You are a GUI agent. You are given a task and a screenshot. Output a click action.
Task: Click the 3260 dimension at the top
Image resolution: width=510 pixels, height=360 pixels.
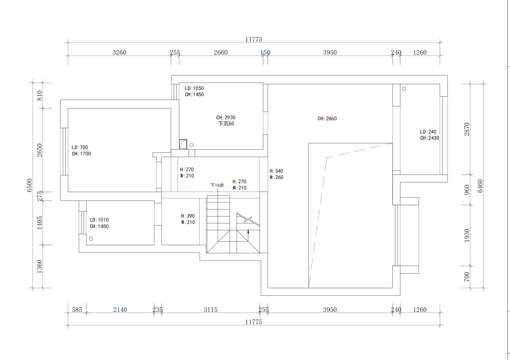119,52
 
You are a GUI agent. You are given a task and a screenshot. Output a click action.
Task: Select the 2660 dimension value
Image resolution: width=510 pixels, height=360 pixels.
221,52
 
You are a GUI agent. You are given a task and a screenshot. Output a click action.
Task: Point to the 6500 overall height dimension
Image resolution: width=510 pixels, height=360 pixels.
30,185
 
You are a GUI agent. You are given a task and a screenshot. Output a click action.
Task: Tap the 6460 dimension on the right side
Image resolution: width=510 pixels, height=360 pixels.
481,185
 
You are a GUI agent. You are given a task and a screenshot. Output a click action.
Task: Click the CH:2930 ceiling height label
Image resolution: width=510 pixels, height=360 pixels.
226,117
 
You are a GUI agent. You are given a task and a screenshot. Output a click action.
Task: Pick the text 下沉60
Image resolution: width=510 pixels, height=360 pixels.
226,124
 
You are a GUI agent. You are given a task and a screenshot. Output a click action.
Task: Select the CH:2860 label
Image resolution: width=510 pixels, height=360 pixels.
327,119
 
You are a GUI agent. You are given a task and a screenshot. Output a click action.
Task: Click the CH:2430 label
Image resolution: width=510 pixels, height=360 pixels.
430,138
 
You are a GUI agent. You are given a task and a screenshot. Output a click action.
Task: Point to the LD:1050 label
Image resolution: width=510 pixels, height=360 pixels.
194,88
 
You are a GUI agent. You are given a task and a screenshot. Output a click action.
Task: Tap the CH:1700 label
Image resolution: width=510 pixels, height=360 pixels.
81,154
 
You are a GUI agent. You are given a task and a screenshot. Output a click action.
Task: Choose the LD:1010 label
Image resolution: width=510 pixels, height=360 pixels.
99,220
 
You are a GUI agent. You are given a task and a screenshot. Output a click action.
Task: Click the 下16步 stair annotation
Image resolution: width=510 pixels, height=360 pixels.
217,185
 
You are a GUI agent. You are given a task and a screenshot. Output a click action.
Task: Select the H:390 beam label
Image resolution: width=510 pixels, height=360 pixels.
187,216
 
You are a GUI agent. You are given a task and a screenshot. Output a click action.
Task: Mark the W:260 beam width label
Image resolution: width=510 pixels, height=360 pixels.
276,177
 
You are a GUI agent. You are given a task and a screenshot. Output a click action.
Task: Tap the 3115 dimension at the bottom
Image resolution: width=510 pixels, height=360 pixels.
211,310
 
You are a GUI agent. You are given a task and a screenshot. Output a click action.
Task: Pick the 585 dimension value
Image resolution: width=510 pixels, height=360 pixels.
77,310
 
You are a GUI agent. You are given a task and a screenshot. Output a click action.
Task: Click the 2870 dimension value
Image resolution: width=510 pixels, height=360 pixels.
467,129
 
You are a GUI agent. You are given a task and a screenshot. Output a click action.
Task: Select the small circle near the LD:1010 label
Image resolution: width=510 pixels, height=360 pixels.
91,239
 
